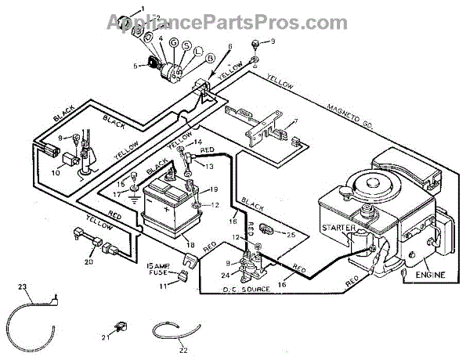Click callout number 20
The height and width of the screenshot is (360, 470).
click(x=89, y=262)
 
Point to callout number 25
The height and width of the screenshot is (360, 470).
click(x=292, y=234)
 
